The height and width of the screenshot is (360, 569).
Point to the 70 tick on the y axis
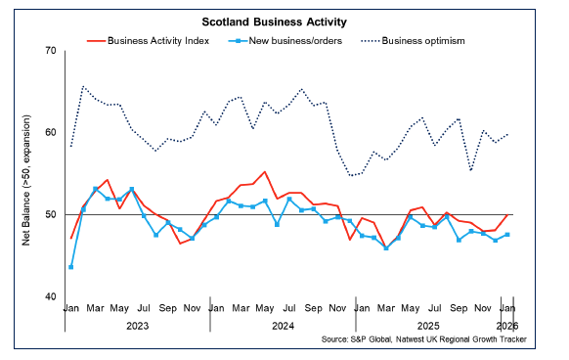pos(48,50)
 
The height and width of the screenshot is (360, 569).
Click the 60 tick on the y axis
pos(48,132)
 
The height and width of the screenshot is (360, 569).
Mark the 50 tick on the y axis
pos(48,214)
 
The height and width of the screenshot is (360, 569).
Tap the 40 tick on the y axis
pos(48,296)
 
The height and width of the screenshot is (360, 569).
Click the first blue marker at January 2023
pos(71,267)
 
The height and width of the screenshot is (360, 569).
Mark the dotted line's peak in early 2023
pos(83,87)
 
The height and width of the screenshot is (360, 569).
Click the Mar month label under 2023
pos(96,307)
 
